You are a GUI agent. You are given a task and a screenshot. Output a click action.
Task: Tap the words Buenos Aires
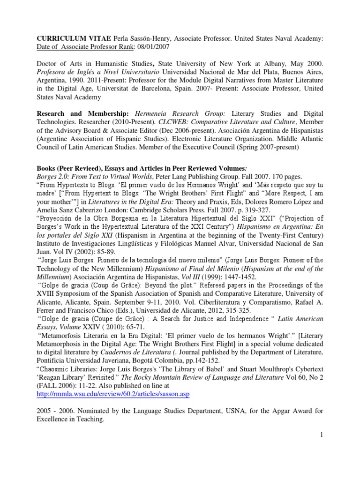coord(302,71)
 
